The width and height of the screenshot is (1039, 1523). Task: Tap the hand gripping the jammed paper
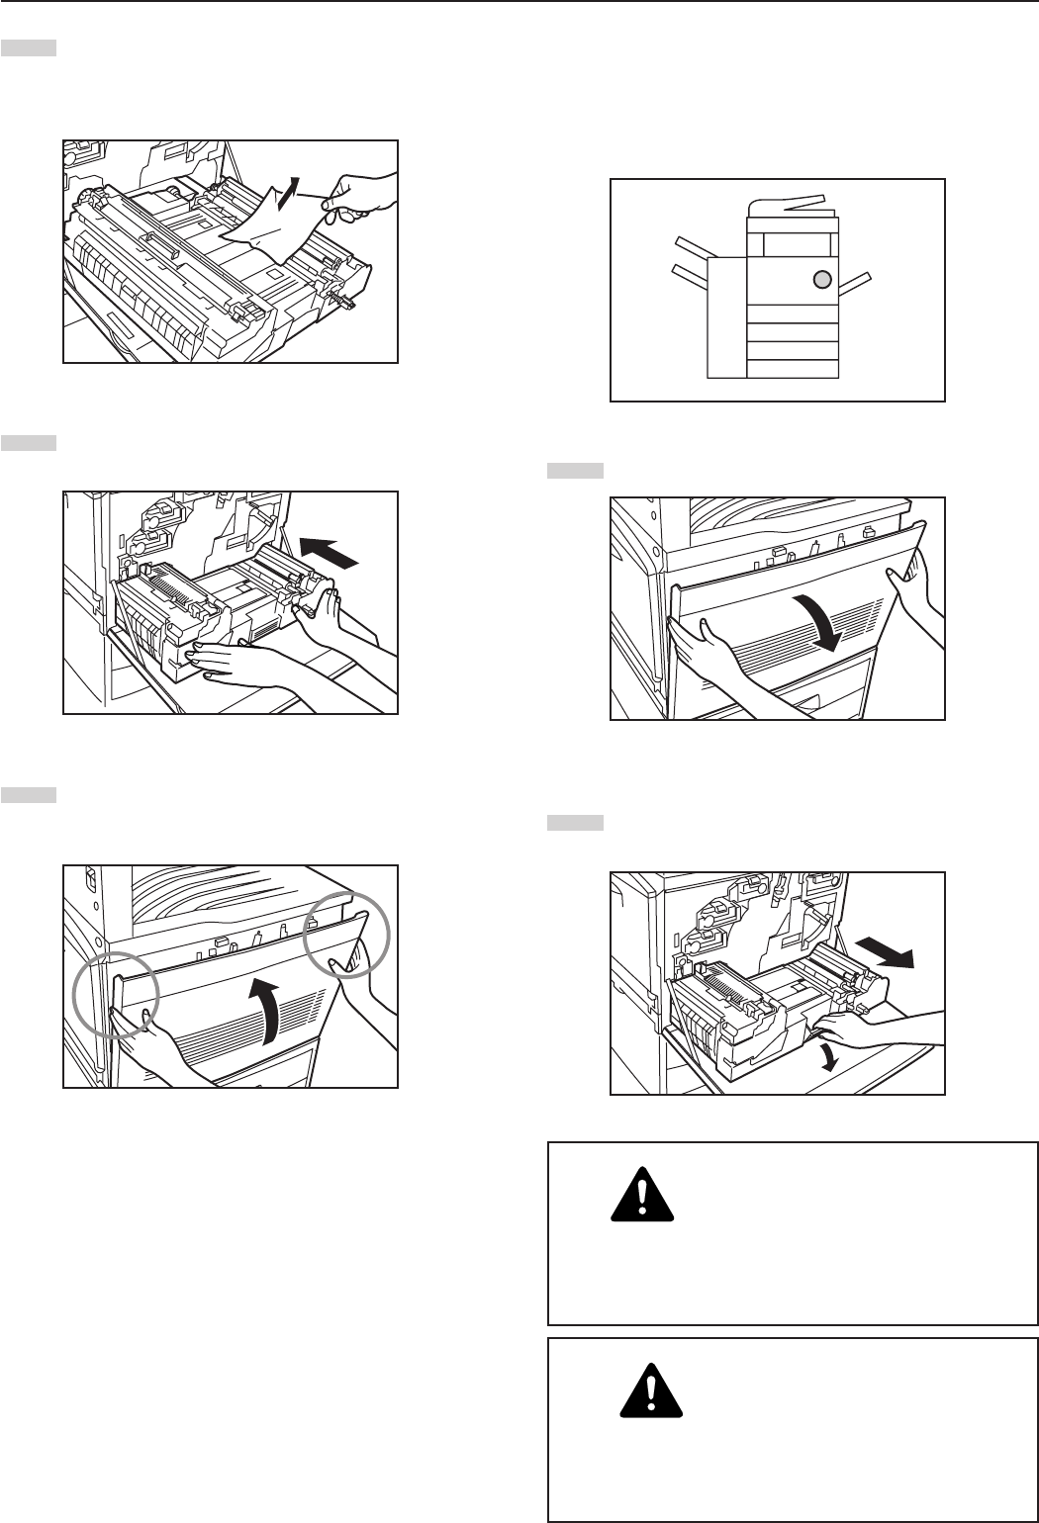click(361, 196)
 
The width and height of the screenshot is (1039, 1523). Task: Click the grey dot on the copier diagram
click(820, 279)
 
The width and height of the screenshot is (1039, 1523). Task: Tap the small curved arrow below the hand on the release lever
click(833, 1055)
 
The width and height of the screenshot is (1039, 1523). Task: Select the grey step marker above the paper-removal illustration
click(28, 47)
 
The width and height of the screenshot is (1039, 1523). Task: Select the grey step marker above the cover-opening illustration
click(575, 472)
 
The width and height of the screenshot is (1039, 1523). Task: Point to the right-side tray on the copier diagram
click(857, 284)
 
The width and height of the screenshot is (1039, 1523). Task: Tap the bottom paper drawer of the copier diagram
click(792, 367)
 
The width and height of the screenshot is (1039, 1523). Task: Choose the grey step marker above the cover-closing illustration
click(28, 794)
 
